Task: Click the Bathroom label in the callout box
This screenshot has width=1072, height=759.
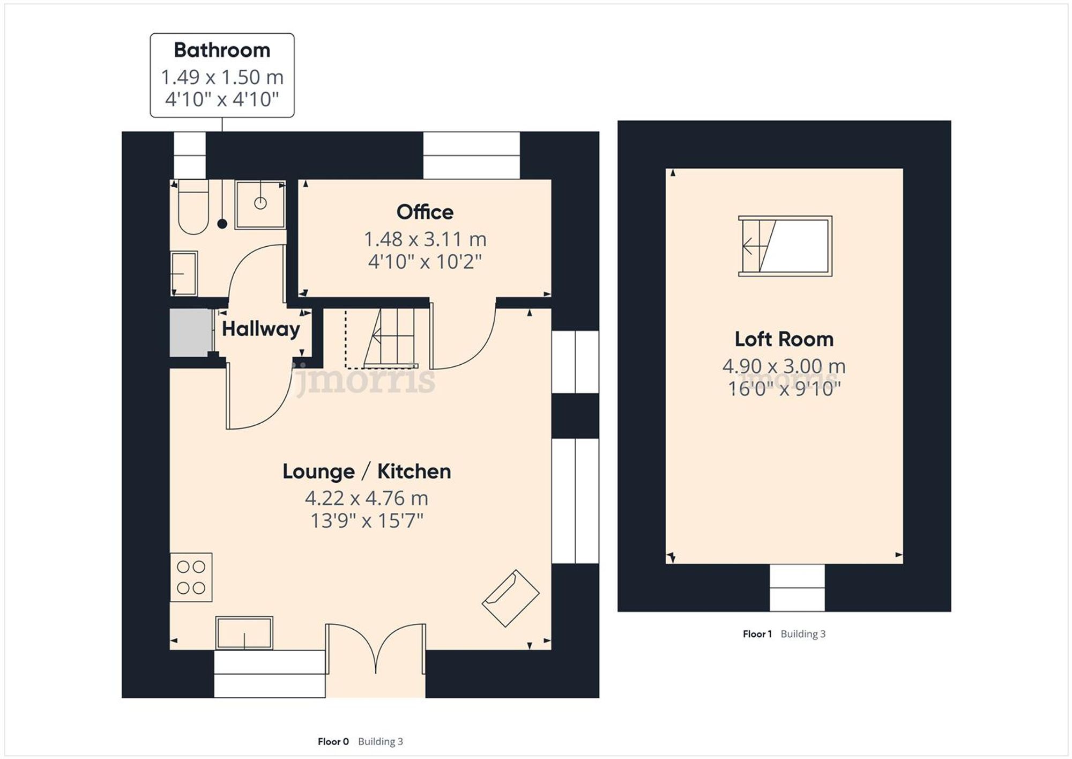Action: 222,50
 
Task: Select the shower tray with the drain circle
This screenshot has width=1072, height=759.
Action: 260,205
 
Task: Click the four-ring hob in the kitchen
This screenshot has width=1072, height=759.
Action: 191,577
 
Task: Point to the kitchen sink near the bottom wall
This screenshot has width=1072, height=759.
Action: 244,633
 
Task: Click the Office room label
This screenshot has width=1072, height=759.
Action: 425,212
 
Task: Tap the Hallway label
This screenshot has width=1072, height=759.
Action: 260,329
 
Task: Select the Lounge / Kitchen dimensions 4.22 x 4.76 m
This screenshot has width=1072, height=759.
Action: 367,498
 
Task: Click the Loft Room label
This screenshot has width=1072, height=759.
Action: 784,339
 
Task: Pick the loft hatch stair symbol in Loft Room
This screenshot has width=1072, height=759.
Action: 785,246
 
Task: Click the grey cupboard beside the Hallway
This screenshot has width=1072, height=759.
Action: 190,333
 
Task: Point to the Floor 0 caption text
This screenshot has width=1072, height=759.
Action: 333,741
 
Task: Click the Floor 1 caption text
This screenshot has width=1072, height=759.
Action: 757,634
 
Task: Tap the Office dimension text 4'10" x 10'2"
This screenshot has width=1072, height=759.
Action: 425,262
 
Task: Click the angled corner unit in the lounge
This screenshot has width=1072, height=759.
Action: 510,598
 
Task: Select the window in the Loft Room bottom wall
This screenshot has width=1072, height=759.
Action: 797,588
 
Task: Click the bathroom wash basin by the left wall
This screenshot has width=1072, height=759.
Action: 183,274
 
